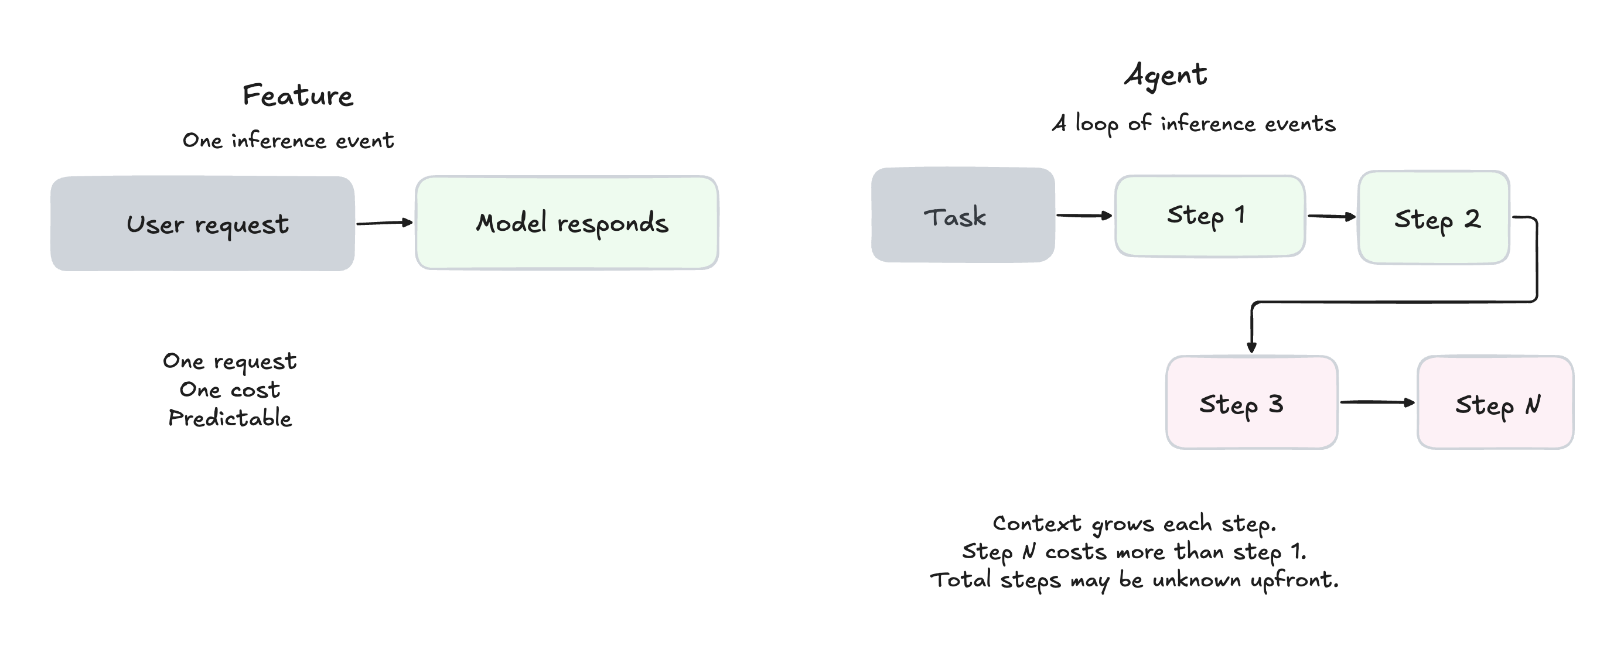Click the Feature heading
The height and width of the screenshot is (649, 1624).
tap(298, 96)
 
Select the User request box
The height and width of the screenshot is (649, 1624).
tap(202, 224)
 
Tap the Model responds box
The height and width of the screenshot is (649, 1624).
tap(567, 223)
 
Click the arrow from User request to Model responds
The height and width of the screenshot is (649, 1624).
tap(384, 223)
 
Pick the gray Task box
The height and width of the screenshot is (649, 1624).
tap(963, 215)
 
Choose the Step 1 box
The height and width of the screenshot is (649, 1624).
tap(1210, 216)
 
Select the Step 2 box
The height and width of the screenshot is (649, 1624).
tap(1434, 217)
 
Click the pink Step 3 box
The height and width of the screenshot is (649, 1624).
tap(1252, 402)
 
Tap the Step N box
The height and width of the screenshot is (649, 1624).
tap(1495, 402)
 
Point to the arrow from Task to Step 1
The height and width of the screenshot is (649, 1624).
tap(1084, 216)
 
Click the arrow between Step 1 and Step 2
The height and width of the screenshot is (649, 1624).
tap(1332, 216)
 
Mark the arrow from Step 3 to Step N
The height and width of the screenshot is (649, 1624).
tap(1377, 402)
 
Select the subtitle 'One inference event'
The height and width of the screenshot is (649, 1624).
tap(288, 140)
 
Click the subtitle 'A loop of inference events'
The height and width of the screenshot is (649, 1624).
tap(1193, 124)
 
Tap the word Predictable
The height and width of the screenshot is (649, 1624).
tap(230, 418)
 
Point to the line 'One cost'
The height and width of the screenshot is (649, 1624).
tap(230, 390)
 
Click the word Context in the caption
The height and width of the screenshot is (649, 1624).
tap(1037, 523)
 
